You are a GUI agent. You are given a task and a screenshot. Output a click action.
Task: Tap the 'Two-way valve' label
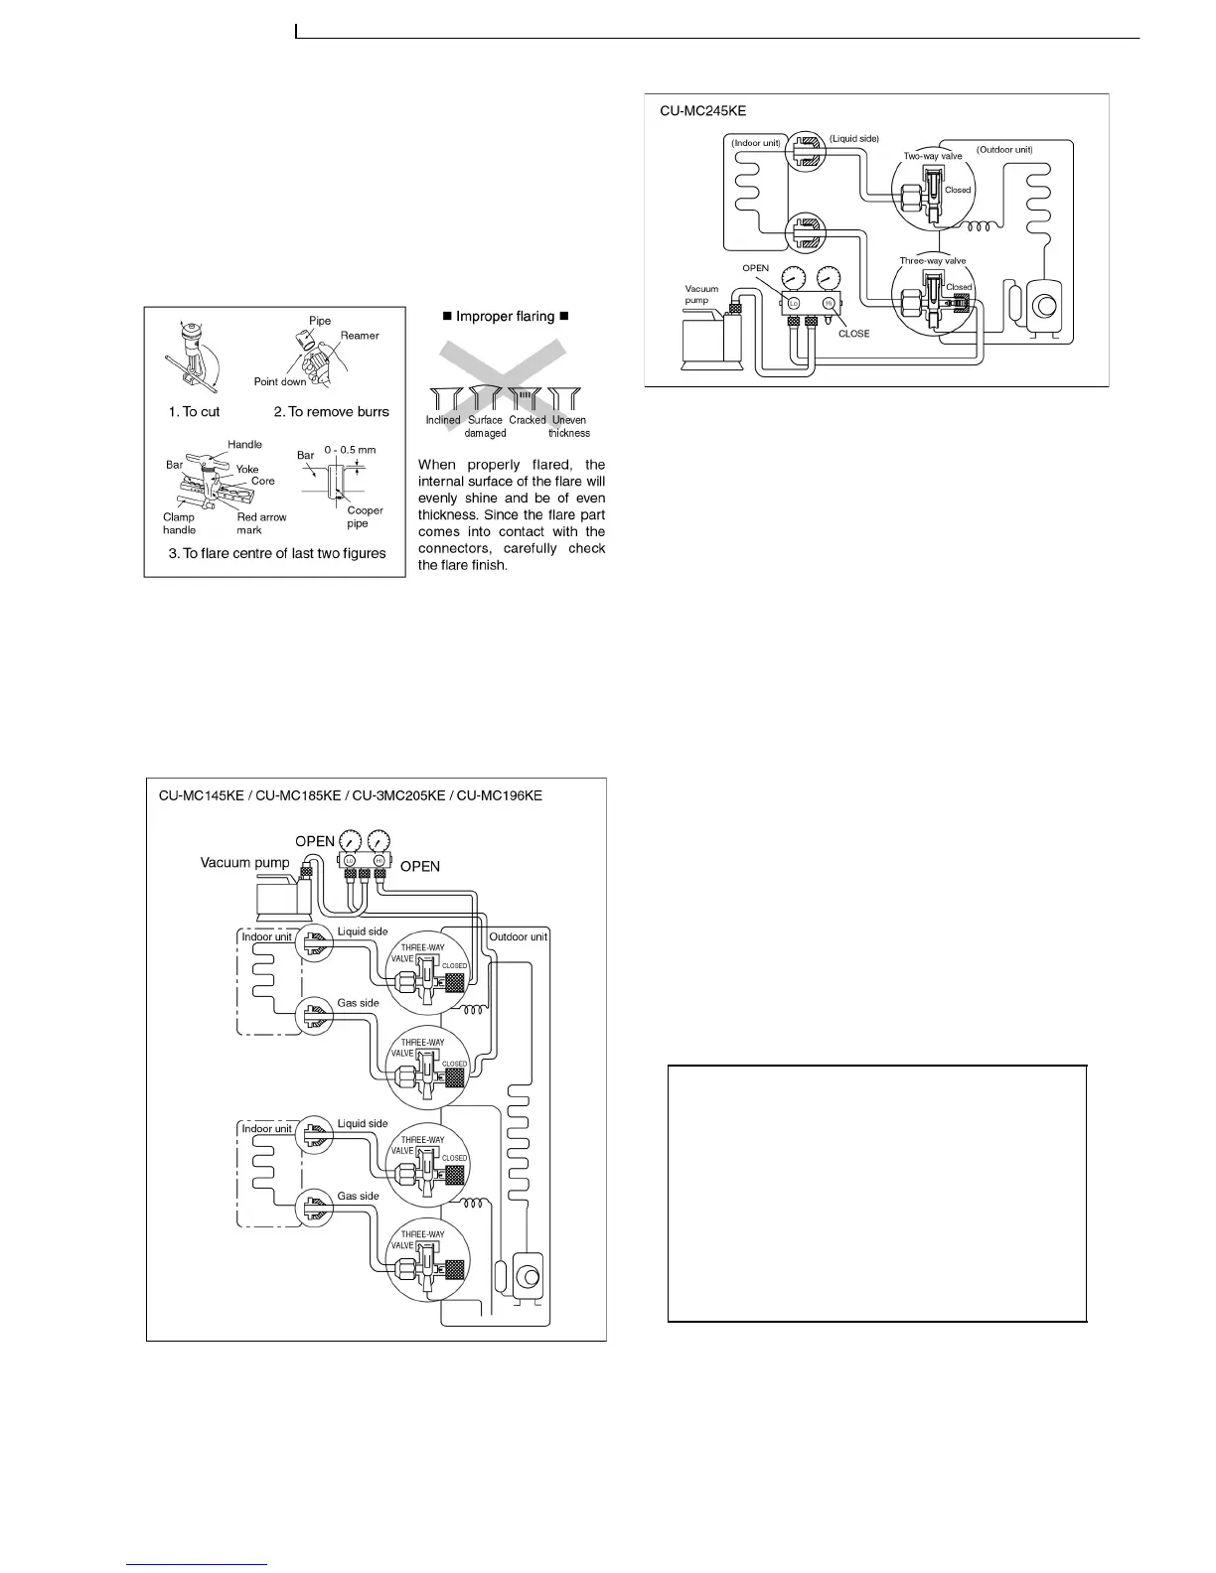[x=932, y=156]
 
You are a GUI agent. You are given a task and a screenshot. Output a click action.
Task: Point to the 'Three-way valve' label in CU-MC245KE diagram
[x=932, y=261]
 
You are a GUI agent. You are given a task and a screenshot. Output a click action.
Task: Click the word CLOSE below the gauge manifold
[x=853, y=334]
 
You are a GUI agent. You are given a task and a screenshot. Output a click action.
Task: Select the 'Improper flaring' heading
[x=505, y=316]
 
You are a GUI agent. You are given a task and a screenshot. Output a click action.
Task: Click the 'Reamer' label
[x=360, y=336]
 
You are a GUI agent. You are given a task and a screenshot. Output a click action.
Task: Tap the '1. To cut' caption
[x=194, y=412]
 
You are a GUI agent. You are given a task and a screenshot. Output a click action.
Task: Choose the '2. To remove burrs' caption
[x=331, y=412]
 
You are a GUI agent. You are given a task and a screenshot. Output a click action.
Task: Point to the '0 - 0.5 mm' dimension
[x=350, y=450]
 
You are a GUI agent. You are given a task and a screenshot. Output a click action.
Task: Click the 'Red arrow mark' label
[x=261, y=523]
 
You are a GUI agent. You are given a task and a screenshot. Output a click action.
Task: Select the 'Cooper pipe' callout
[x=365, y=516]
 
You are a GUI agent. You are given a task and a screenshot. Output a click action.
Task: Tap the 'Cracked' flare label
[x=528, y=420]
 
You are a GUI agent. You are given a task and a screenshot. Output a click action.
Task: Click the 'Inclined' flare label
[x=443, y=420]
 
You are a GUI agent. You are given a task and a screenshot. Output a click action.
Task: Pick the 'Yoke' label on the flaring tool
[x=247, y=469]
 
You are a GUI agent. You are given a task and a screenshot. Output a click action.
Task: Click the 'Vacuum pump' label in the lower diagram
[x=244, y=862]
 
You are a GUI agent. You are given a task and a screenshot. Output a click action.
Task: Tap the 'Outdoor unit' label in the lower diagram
[x=518, y=936]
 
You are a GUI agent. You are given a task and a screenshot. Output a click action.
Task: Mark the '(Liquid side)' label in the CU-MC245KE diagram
[x=853, y=138]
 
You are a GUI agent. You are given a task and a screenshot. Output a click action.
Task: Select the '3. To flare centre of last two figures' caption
[x=277, y=553]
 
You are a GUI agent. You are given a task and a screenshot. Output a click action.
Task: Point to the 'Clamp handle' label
[x=179, y=523]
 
